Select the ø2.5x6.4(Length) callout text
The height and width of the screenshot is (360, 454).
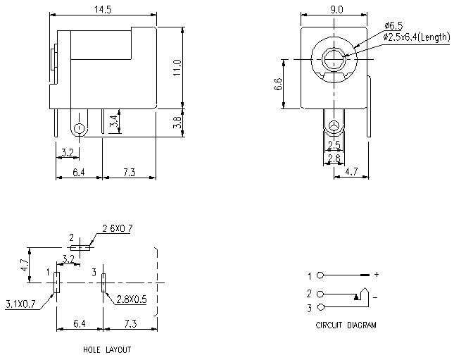point(416,37)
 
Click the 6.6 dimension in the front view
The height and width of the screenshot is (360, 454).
point(278,84)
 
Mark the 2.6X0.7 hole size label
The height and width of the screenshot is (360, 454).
point(117,228)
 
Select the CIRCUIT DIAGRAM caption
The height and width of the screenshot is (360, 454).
point(346,326)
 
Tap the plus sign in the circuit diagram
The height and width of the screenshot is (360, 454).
point(377,274)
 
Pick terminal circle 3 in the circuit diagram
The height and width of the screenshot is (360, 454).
point(321,308)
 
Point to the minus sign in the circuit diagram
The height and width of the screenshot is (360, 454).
point(375,298)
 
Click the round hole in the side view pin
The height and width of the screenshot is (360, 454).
point(79,129)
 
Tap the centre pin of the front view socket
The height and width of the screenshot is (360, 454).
point(335,61)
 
